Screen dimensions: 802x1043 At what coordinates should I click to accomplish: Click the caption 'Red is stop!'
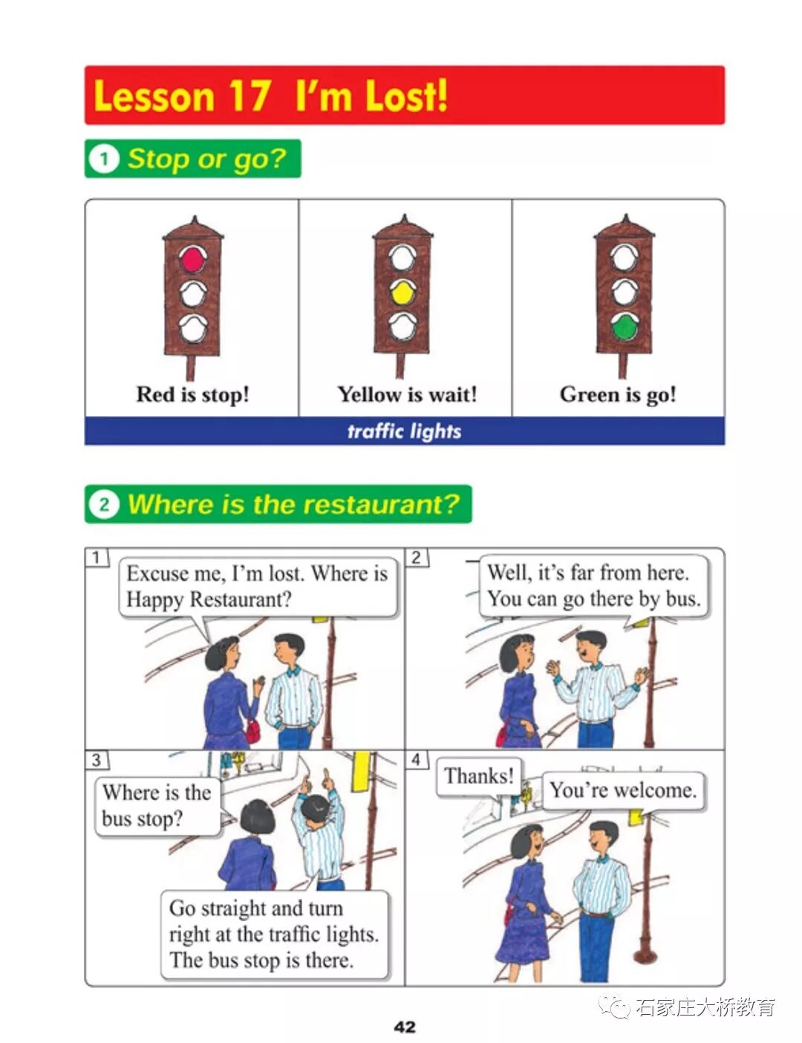(192, 394)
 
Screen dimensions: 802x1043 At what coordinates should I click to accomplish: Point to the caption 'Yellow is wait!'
(407, 394)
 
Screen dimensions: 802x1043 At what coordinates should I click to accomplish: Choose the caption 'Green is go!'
(618, 395)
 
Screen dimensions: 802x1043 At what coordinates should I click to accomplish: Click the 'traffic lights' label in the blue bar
(404, 431)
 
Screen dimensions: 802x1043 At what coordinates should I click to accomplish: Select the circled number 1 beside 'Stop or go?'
(104, 158)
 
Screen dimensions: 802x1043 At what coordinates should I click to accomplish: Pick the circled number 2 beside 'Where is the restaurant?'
(104, 504)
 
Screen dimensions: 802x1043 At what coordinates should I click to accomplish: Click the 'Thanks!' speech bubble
(479, 776)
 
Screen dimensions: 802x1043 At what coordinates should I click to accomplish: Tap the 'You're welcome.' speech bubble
(623, 790)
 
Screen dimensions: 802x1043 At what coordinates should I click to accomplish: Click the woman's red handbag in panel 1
(252, 729)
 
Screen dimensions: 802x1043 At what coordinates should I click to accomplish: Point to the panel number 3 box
(97, 760)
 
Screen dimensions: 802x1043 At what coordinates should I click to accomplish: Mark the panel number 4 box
(417, 759)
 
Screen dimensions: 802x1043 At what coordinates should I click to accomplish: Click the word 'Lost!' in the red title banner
(407, 95)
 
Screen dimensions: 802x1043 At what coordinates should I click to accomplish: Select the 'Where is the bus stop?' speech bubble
(158, 807)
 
